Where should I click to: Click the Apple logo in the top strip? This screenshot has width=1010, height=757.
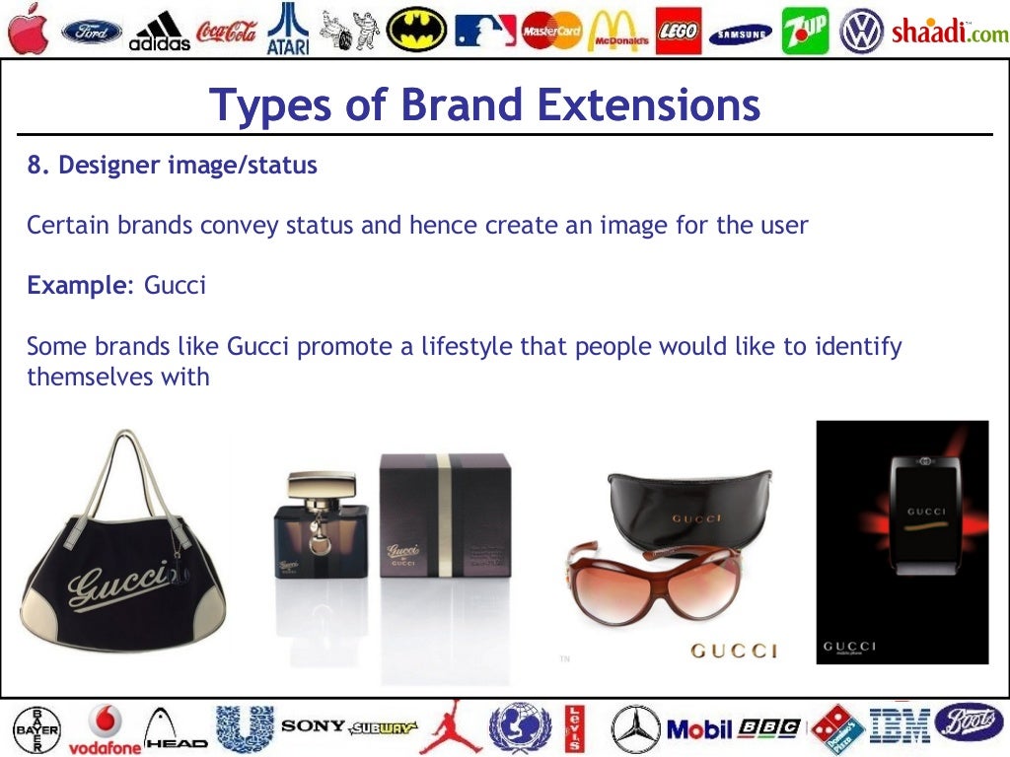[27, 28]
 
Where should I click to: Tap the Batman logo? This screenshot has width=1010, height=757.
[415, 31]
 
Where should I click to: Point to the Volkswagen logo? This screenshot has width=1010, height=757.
[860, 31]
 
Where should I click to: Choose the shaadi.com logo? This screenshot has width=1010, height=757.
[949, 32]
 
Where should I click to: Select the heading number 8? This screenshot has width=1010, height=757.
[36, 166]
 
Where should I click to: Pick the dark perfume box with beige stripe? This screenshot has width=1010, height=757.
[446, 518]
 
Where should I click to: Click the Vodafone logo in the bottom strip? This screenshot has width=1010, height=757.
[105, 729]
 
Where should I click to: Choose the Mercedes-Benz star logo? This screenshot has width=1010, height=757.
[635, 729]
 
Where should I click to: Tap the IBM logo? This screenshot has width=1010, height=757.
[900, 727]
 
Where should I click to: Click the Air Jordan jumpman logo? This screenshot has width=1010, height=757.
[452, 727]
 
